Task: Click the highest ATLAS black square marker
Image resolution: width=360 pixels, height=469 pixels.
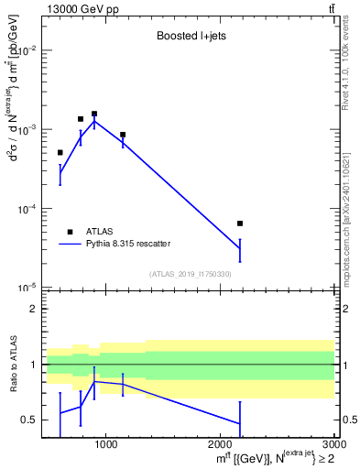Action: coord(94,114)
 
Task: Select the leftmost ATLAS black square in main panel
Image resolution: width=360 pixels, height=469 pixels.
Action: coord(60,152)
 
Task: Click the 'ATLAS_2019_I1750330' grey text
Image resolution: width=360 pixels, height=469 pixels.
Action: coord(191,274)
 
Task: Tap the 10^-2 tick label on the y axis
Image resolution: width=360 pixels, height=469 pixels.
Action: coord(26,51)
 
